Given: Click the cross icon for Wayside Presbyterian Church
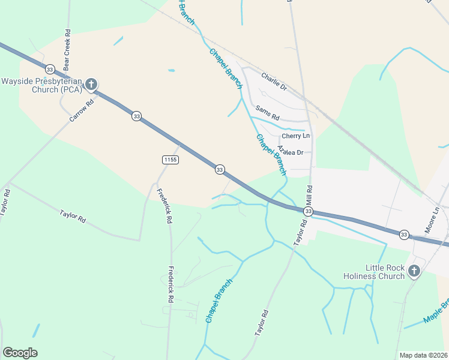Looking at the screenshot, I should pyautogui.click(x=91, y=84).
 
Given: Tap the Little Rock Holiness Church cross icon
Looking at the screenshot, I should pyautogui.click(x=414, y=272).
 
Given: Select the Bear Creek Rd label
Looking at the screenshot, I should pyautogui.click(x=67, y=43).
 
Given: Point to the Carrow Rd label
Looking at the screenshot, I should pyautogui.click(x=82, y=110).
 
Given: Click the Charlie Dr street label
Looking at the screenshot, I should pyautogui.click(x=274, y=82).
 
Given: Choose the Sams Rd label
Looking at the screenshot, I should pyautogui.click(x=268, y=112).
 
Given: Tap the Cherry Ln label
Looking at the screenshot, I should pyautogui.click(x=296, y=136).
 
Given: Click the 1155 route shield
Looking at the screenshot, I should pyautogui.click(x=170, y=159).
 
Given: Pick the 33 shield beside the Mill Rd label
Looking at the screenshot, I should pyautogui.click(x=308, y=212).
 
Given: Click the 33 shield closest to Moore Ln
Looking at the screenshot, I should pyautogui.click(x=405, y=233).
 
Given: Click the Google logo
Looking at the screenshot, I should pyautogui.click(x=20, y=353).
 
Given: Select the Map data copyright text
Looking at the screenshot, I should pyautogui.click(x=423, y=355).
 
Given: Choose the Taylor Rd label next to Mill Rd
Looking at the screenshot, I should pyautogui.click(x=300, y=232).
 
